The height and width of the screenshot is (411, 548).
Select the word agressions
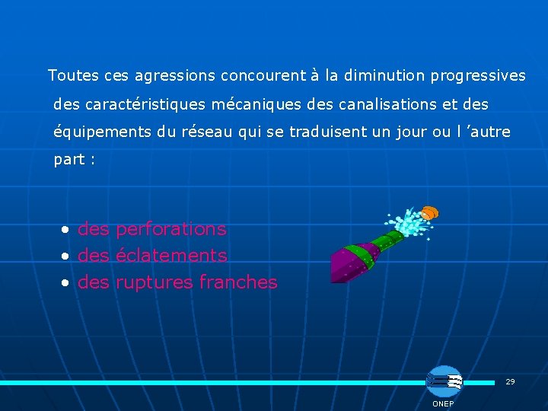tap(175, 76)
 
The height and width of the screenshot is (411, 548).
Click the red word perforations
tap(171, 229)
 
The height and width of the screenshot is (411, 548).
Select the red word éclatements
tap(171, 256)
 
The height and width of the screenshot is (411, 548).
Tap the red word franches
tap(238, 282)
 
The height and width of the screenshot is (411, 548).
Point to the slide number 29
tap(510, 381)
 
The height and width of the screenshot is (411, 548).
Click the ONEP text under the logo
tap(443, 403)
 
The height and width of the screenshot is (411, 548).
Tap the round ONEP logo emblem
tap(444, 381)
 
